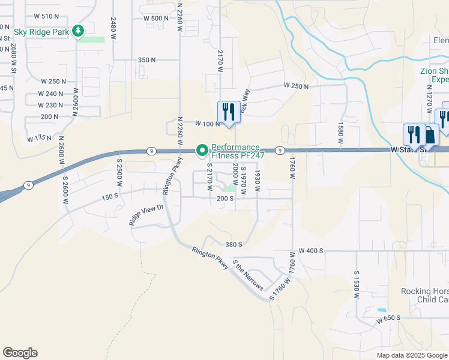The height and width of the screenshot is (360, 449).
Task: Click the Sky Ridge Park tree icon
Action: [x=77, y=31]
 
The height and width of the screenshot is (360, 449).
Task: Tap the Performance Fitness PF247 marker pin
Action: [x=202, y=149]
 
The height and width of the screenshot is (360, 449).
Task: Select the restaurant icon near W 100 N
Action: [x=229, y=112]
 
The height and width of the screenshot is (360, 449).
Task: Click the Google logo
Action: [x=20, y=353]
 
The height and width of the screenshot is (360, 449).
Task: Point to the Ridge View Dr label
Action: [x=146, y=215]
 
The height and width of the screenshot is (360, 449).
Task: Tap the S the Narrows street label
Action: [x=247, y=275]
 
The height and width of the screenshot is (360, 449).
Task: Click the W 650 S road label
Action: [x=388, y=317]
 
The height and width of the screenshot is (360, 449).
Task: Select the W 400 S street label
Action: [x=311, y=250]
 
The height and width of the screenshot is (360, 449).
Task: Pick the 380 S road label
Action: [x=234, y=244]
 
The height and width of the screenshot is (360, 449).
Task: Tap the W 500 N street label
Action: [x=156, y=19]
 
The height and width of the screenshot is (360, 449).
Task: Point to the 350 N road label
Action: [x=146, y=60]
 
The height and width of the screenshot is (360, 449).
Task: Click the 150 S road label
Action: [x=110, y=196]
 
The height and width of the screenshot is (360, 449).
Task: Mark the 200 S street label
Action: [x=224, y=198]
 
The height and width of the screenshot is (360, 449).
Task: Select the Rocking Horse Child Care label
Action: [x=425, y=295]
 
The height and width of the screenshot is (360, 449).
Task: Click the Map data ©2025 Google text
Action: [x=411, y=355]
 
